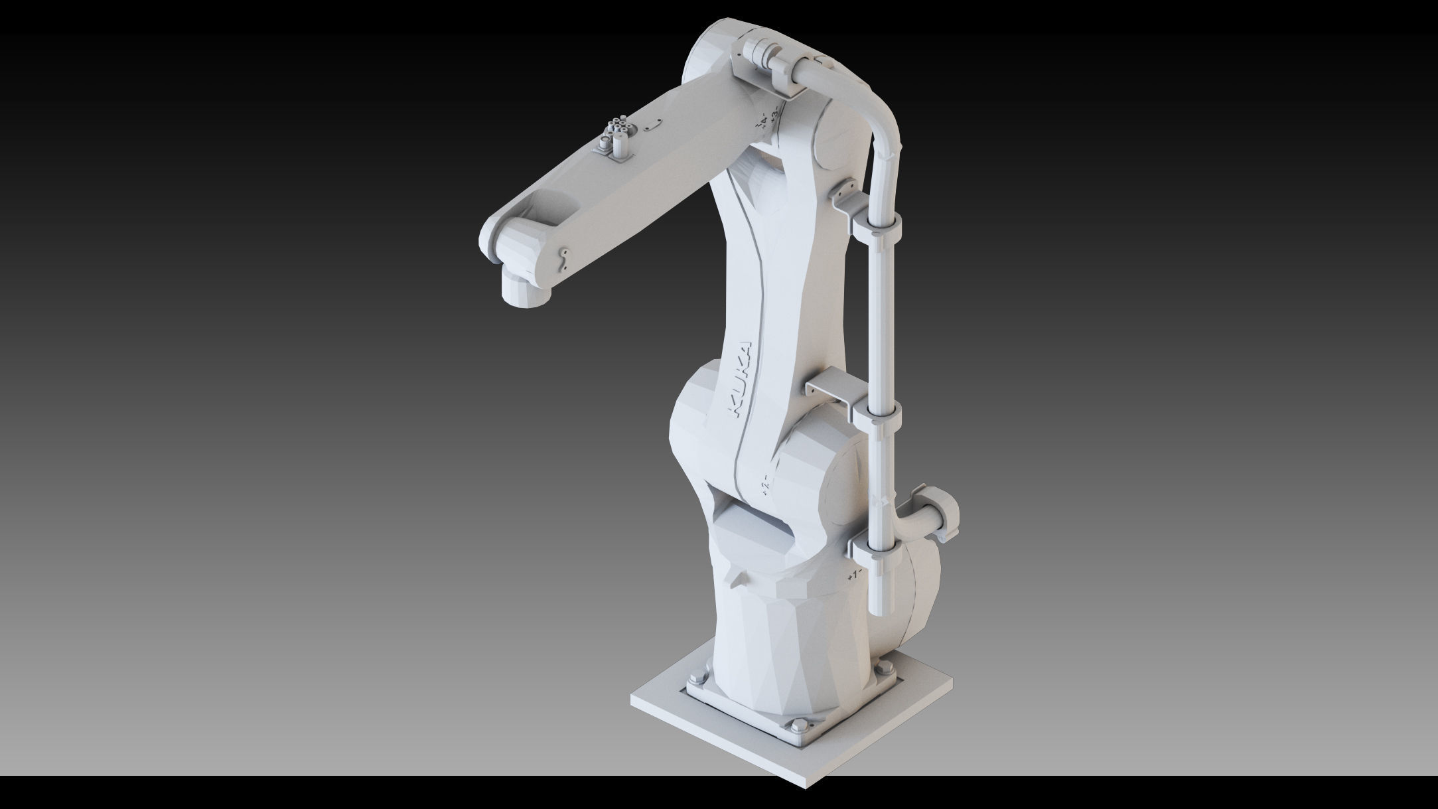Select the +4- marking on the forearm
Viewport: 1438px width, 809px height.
point(762,120)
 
